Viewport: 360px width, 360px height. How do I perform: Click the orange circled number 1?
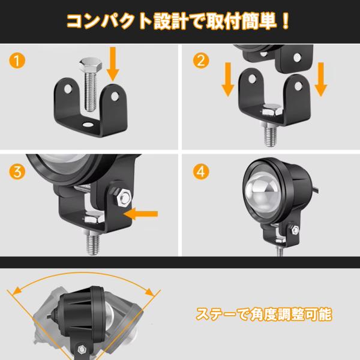17,61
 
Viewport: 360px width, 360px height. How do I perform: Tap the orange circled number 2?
201,61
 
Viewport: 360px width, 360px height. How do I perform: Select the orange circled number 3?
17,172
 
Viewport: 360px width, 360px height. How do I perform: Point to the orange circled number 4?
201,172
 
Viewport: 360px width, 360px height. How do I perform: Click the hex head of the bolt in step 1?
91,65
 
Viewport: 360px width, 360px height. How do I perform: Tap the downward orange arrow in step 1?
113,64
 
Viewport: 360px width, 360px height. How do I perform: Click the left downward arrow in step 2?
228,79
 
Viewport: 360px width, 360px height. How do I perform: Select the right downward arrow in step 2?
321,79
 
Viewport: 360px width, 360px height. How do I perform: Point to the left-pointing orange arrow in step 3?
141,214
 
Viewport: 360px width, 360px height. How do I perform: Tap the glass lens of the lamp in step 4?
263,193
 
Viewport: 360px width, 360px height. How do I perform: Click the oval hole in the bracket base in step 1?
88,124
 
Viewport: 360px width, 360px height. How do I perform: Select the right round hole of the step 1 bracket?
115,97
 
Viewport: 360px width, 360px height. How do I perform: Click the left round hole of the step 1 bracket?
68,89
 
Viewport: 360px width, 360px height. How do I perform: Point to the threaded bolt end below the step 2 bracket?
270,136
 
